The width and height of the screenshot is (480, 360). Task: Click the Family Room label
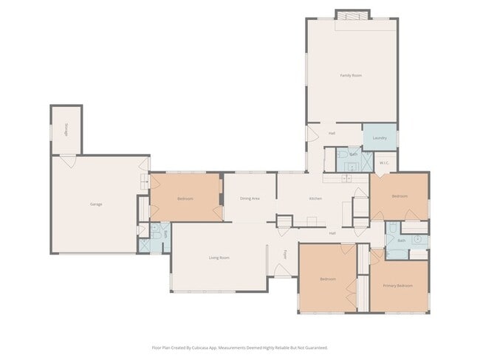coord(351,75)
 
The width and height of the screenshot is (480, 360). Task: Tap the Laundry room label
coord(380,138)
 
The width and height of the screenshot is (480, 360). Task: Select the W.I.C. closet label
coord(384,163)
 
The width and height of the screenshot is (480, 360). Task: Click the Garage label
coord(96,204)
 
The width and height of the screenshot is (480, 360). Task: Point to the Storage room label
coord(65,130)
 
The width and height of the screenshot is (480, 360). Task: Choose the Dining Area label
coord(250,198)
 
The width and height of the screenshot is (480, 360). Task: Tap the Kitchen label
coord(315,198)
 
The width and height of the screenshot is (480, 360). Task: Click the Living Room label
coord(219,257)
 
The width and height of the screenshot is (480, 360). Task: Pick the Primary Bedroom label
coord(397,285)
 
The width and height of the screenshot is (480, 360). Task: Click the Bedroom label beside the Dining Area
coord(185,198)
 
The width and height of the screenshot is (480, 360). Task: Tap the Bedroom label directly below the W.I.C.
coord(399,196)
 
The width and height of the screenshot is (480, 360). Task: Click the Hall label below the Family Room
coord(333,134)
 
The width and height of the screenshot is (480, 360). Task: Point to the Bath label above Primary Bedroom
coord(401,240)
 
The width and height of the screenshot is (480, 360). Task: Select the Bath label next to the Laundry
coord(353,153)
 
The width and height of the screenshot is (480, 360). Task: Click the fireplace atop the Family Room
coord(352,15)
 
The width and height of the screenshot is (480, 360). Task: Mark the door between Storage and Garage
coord(68,159)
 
